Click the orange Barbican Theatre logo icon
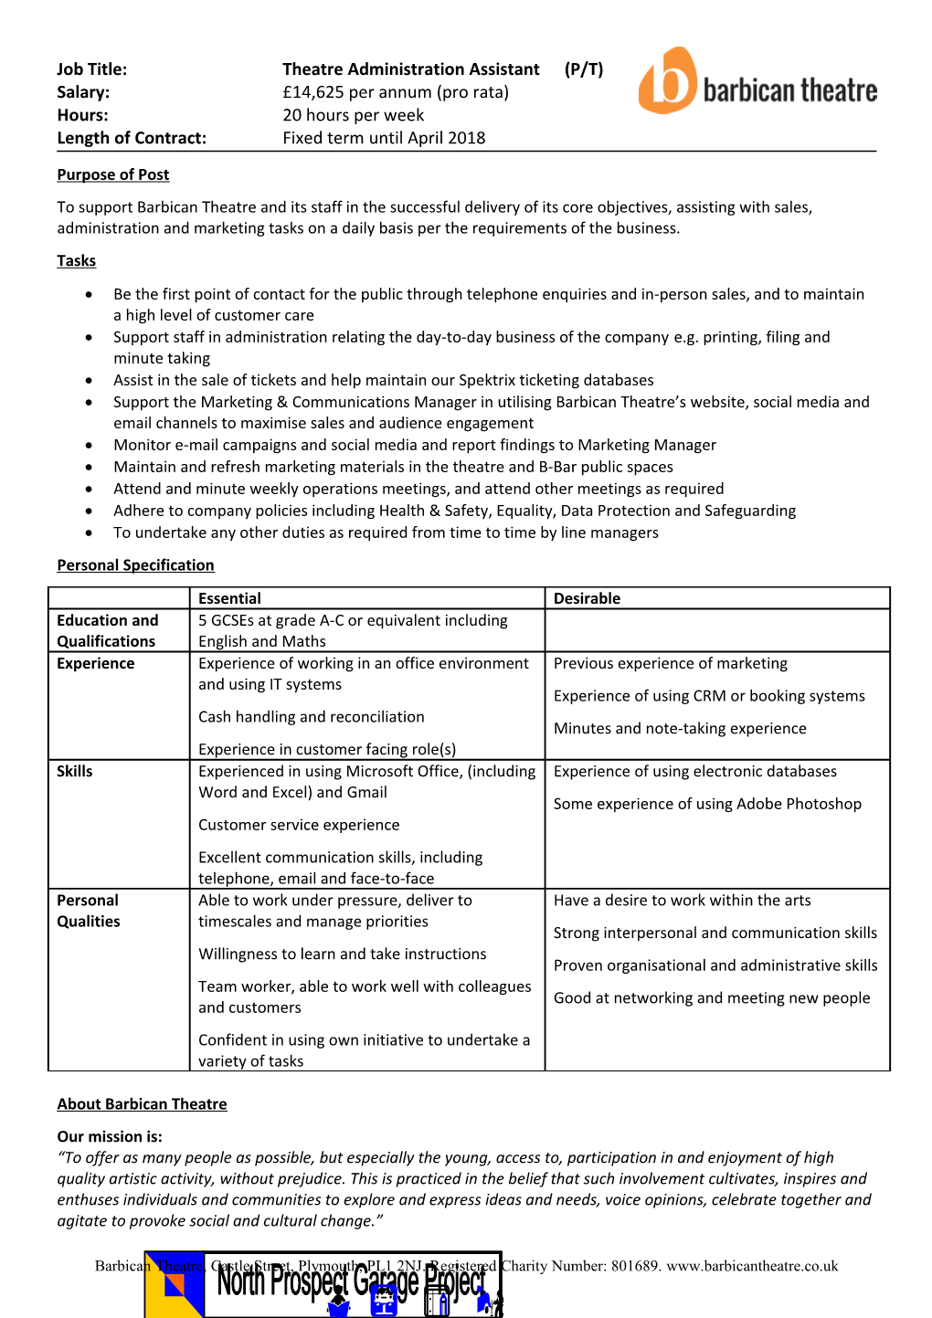click(668, 80)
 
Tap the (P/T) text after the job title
click(583, 69)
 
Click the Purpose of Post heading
click(113, 174)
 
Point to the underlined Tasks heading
click(76, 261)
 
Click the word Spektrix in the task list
click(488, 380)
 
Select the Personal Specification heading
click(135, 565)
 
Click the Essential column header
click(229, 599)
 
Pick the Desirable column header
click(587, 599)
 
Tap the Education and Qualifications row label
click(107, 631)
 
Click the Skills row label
click(75, 772)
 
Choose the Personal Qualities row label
click(89, 911)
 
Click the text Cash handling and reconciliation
click(311, 717)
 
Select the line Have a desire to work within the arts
click(682, 901)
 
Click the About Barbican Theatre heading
click(142, 1104)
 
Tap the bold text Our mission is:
click(110, 1137)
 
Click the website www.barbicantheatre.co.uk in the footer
click(752, 1266)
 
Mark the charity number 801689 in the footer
click(634, 1266)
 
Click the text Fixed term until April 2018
click(384, 138)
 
